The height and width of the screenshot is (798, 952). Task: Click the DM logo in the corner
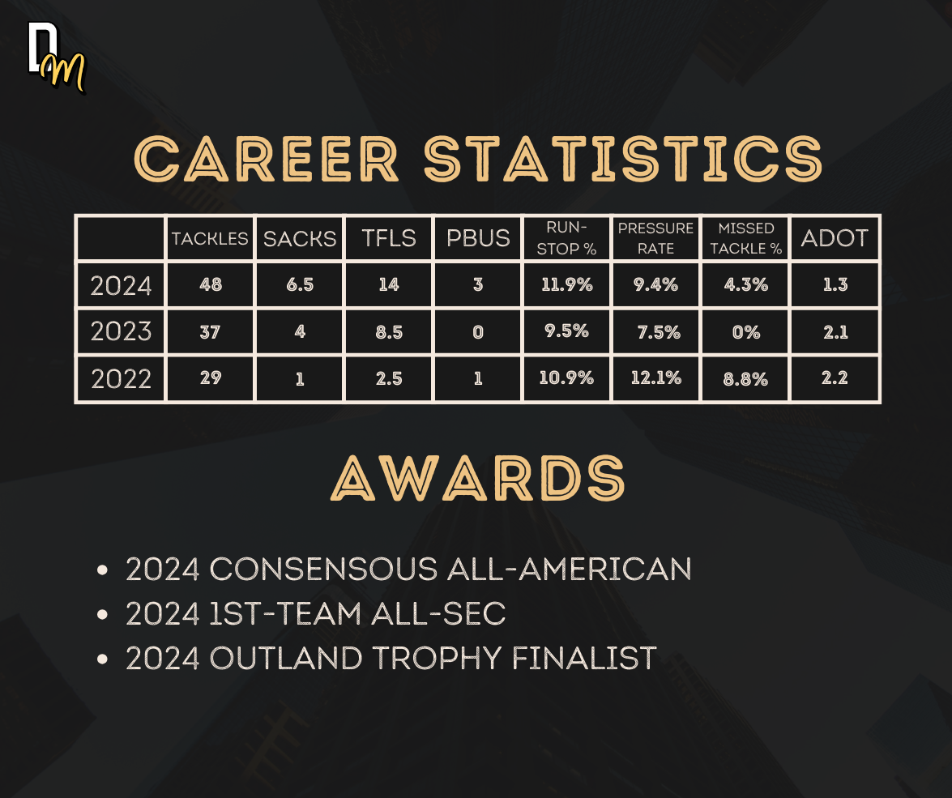tap(57, 58)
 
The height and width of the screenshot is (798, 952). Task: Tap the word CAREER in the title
tap(267, 159)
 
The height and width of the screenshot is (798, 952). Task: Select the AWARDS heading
tap(478, 478)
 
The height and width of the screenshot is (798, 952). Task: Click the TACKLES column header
tap(210, 239)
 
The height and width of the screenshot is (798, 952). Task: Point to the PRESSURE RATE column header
tap(655, 238)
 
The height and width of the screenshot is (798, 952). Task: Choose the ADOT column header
tap(835, 238)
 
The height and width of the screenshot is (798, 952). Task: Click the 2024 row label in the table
tap(121, 285)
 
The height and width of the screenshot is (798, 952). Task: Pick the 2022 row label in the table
tap(121, 379)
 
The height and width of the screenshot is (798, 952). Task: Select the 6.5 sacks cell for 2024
tap(300, 285)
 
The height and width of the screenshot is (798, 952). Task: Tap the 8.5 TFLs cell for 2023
tap(389, 332)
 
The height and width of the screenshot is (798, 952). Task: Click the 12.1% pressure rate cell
tap(655, 378)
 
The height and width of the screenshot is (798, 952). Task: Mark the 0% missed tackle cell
tap(746, 332)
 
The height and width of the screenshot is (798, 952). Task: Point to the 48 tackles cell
tap(211, 285)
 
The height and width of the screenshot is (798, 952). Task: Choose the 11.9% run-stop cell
tap(566, 285)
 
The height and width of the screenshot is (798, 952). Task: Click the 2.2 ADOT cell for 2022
tap(835, 378)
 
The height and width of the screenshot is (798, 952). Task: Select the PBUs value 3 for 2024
tap(478, 285)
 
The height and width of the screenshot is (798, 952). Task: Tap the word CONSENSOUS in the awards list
tap(323, 570)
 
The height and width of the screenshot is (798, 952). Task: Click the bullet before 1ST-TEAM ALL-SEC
tap(102, 615)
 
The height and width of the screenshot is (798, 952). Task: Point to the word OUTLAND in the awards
tap(285, 659)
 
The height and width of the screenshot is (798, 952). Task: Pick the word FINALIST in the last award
tap(584, 659)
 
